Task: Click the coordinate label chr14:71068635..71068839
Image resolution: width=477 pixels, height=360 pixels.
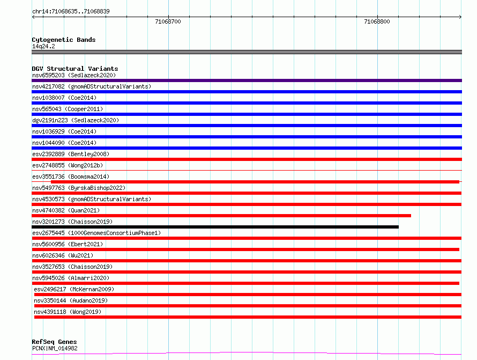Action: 71,11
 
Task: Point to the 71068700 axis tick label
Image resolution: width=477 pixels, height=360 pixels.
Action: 168,21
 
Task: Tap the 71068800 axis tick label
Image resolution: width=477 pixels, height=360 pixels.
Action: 377,21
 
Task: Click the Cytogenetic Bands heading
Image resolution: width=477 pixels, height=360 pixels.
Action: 64,40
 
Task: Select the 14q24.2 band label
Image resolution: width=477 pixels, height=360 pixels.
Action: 43,46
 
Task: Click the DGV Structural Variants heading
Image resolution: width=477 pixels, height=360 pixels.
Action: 75,69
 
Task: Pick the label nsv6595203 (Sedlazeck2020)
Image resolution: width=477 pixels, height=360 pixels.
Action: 74,75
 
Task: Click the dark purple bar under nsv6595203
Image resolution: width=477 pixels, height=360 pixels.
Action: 247,80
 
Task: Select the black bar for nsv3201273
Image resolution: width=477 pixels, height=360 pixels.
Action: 215,227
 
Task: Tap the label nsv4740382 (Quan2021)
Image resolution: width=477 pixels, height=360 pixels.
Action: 66,210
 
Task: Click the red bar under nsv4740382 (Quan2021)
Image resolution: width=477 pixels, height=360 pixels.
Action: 221,216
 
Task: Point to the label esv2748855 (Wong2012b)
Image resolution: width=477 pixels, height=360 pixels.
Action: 68,165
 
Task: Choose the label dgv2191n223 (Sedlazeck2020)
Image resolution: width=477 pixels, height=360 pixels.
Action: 76,120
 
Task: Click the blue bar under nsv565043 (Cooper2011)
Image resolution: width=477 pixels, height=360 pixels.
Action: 247,114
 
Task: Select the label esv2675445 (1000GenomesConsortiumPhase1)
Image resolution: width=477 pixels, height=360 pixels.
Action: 96,233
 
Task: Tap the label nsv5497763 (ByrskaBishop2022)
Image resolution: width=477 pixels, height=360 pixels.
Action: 79,188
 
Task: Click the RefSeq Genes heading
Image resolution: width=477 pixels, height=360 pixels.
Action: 54,342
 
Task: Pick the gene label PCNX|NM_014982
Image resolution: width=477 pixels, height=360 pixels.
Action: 55,348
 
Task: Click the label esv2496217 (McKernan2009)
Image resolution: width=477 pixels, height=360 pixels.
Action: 74,289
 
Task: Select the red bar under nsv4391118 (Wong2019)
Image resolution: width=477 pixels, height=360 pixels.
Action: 248,317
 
